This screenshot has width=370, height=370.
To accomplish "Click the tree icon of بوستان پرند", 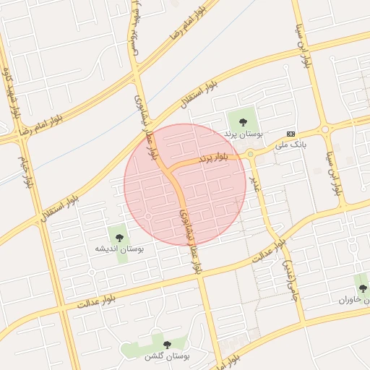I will pos(242,121).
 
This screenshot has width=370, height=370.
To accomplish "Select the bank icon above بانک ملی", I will pos(291,134).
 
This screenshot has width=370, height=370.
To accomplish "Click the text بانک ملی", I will pos(291,145).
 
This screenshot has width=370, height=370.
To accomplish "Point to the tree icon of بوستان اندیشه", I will pos(119,236).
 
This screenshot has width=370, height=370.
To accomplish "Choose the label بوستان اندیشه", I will pos(120,249).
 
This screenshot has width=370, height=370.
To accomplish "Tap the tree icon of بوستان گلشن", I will pos(167,345).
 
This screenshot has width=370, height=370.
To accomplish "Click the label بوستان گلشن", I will pos(167,357).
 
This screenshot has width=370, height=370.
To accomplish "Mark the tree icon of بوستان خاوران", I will pos(362,288).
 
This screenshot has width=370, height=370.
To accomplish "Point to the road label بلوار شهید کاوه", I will pos(10,94).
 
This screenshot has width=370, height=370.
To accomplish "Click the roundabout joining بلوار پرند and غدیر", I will pos(251,153).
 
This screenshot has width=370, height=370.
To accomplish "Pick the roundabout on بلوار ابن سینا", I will pos(325,130).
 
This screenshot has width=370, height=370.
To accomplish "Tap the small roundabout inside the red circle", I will pos(147,216).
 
